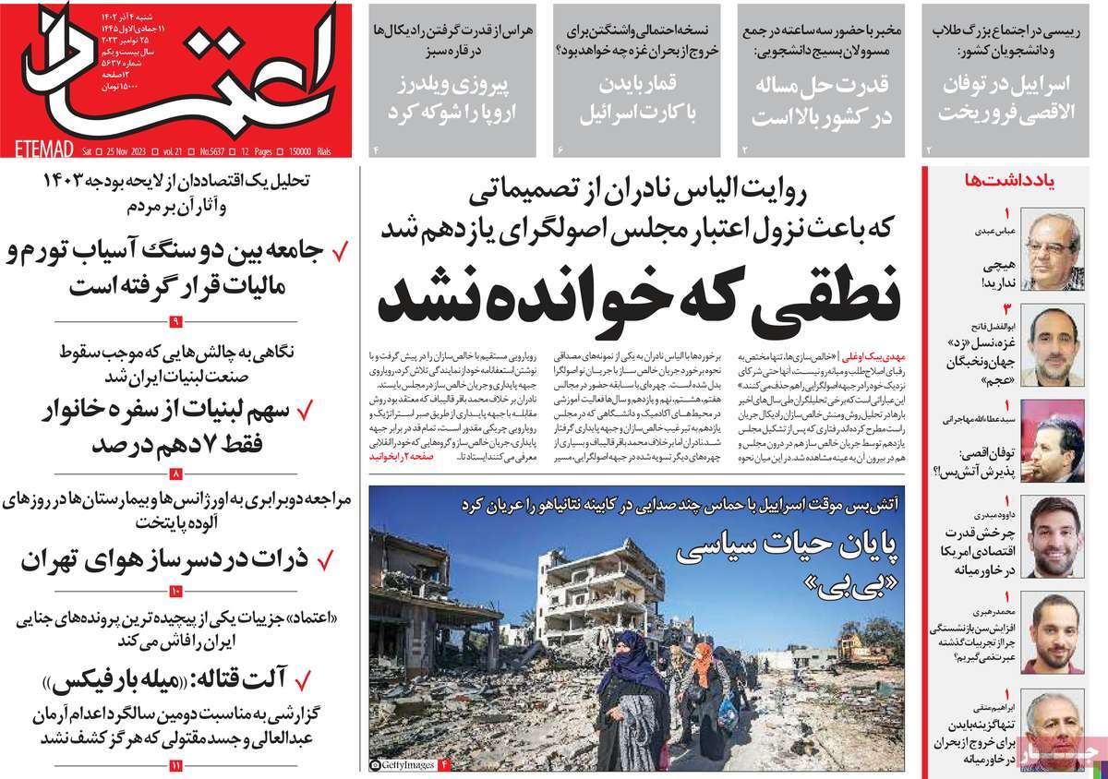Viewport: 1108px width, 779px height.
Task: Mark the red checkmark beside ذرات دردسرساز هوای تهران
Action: coord(325,559)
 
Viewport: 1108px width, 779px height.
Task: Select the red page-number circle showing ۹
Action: coord(175,320)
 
